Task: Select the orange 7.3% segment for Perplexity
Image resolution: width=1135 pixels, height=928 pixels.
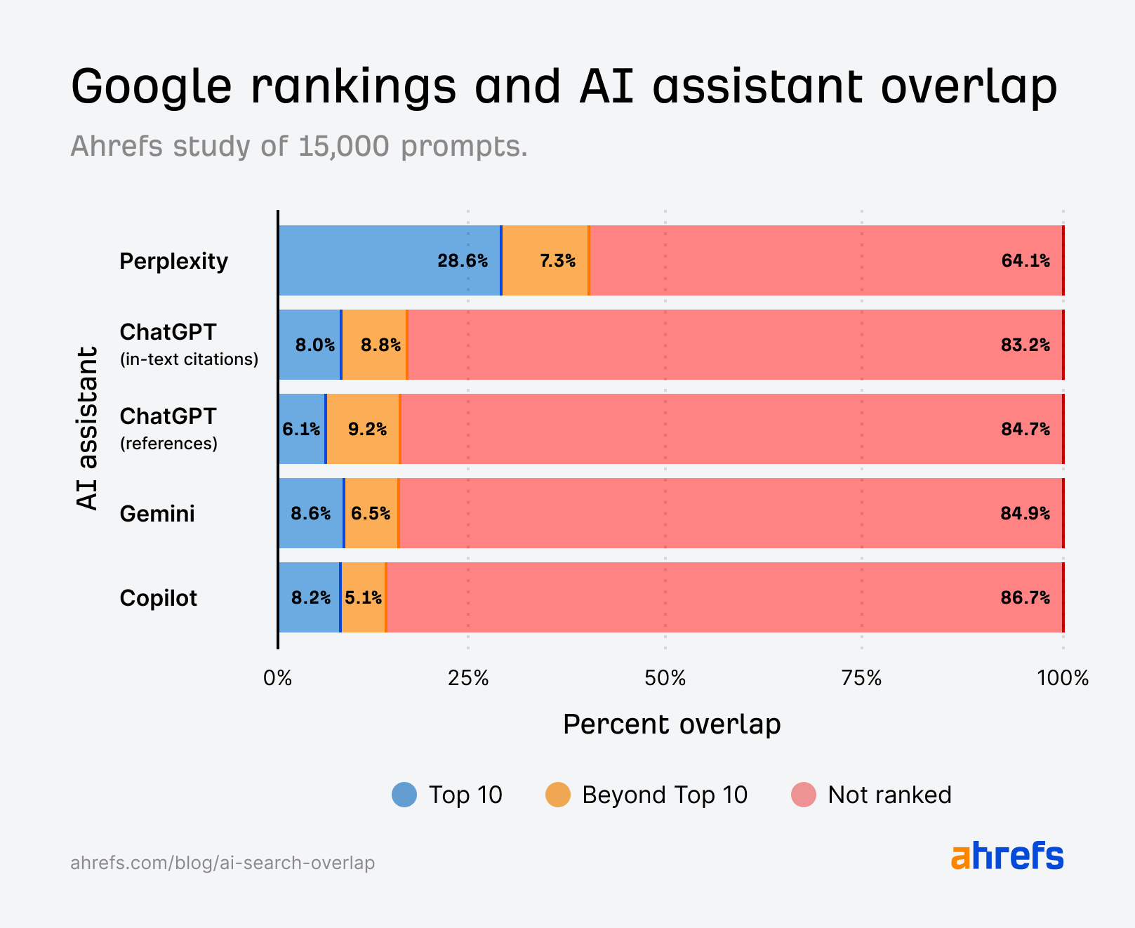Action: [x=545, y=260]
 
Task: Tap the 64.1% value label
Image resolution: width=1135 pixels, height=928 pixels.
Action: [x=1026, y=261]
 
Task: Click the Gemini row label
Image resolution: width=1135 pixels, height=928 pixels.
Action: [x=157, y=514]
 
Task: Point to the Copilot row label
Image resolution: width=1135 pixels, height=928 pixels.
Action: [x=158, y=598]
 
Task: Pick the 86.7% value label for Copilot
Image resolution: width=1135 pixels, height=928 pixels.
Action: [x=1025, y=598]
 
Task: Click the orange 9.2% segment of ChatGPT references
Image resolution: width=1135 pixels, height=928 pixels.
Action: [x=363, y=429]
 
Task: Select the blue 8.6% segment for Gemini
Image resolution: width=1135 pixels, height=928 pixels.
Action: [x=310, y=513]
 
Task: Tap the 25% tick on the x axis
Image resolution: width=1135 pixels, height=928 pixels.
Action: [x=468, y=678]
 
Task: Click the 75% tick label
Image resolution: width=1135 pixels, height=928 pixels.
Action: [x=861, y=678]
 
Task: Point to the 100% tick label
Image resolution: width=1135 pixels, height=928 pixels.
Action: [x=1063, y=678]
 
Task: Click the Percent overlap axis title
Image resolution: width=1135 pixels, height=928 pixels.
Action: [x=672, y=724]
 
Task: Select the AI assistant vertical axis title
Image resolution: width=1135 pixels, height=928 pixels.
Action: [x=87, y=427]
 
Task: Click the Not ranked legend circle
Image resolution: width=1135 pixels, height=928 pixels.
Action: [x=804, y=795]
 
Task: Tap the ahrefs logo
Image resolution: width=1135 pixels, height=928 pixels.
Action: [x=1007, y=856]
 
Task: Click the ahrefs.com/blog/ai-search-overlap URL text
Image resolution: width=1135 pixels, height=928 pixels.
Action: [x=223, y=863]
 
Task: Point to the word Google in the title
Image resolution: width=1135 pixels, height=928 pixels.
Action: [x=151, y=86]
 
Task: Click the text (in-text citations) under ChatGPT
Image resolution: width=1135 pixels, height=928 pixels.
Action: [x=189, y=359]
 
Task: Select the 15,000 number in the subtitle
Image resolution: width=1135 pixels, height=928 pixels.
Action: [x=343, y=146]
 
